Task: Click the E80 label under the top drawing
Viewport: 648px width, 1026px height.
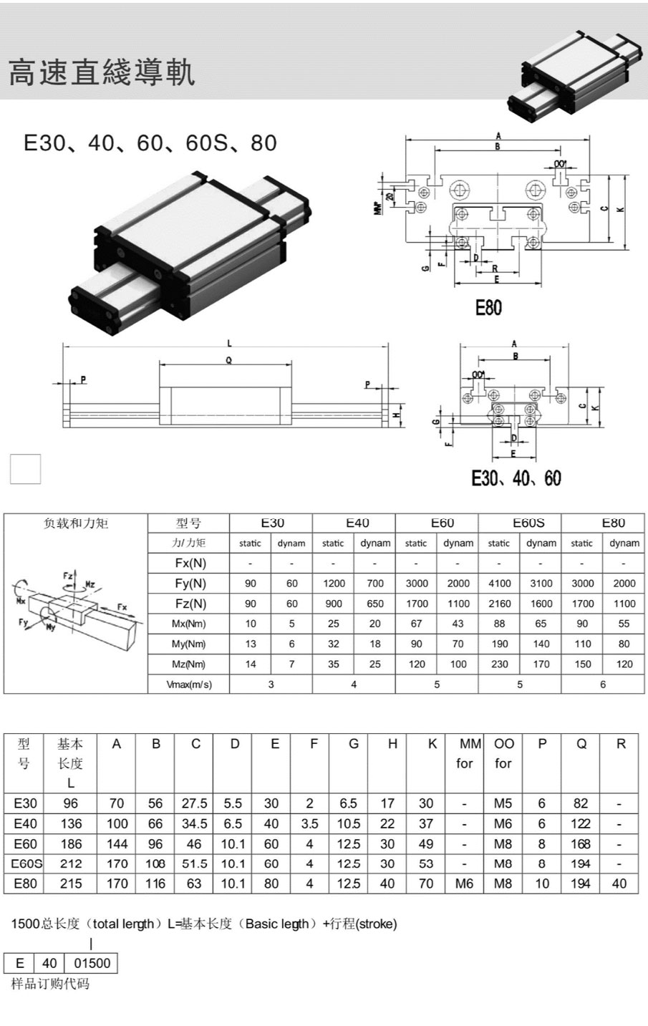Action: pos(488,308)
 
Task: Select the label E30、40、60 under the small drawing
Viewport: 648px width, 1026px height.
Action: pos(516,478)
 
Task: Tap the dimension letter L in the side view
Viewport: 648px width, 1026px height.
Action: pos(228,343)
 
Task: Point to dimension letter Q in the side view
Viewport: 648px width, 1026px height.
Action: pos(228,361)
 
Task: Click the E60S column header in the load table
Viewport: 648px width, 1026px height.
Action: pos(528,523)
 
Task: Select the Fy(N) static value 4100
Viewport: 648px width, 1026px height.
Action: pos(499,584)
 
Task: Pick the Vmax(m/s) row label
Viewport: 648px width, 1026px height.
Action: pos(189,684)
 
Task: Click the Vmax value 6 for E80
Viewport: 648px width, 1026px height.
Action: pos(603,684)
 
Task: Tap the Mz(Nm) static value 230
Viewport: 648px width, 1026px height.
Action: pos(499,664)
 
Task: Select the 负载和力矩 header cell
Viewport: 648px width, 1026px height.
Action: pos(76,523)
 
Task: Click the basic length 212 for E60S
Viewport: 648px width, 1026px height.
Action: pos(71,863)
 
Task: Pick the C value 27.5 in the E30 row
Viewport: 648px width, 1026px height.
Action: pos(195,803)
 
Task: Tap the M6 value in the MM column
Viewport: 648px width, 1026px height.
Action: pos(464,884)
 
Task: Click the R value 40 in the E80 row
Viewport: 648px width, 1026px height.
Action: pos(619,884)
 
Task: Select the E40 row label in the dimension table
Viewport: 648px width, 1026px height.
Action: pos(25,823)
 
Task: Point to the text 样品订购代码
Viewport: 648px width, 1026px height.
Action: pos(50,984)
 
